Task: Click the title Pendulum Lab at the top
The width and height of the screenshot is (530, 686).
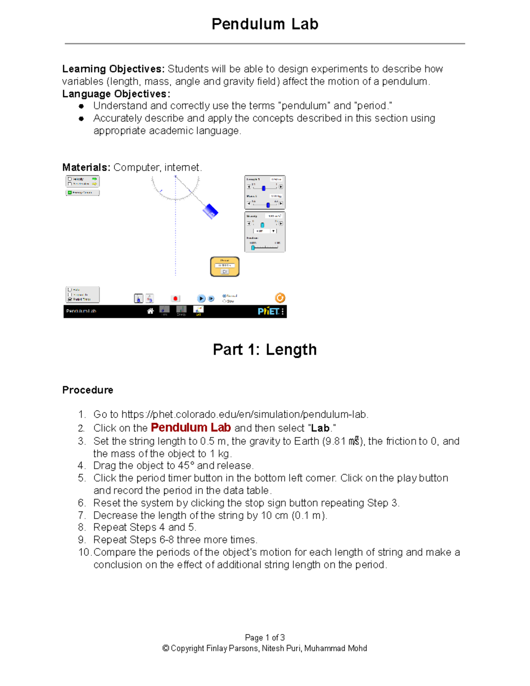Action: tap(265, 24)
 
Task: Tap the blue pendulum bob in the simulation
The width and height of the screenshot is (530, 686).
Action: tap(210, 211)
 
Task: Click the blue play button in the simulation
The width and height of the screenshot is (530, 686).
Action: tap(201, 299)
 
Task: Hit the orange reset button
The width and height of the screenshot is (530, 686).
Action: tap(280, 298)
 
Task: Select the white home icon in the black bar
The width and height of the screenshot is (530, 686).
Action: tap(150, 311)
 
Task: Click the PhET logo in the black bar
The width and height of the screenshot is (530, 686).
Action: tap(269, 311)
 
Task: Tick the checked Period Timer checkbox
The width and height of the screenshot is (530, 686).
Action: tap(70, 299)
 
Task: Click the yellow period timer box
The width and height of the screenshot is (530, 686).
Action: tap(225, 267)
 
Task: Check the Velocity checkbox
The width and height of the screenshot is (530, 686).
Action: tap(70, 179)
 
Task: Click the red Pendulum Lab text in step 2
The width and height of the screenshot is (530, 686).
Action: tap(190, 428)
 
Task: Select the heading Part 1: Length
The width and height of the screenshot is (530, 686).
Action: tap(265, 349)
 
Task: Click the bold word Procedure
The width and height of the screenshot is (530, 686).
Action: tap(87, 390)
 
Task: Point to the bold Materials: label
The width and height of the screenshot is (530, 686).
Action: tap(86, 167)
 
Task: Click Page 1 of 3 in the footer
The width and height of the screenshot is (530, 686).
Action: tap(265, 637)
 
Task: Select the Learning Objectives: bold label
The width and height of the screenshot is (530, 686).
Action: tap(113, 69)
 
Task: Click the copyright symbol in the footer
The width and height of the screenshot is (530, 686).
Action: tap(166, 648)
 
